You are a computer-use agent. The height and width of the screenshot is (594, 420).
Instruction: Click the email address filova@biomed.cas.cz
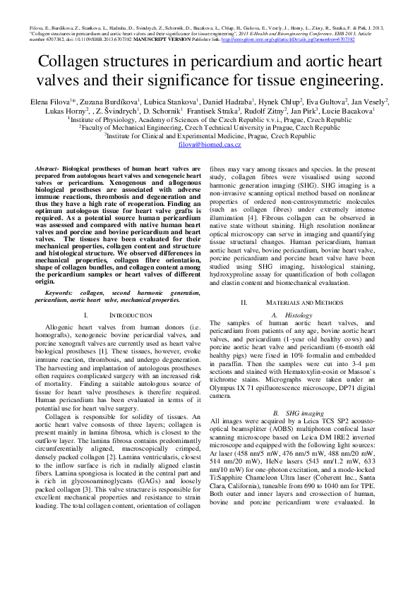click(x=210, y=144)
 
